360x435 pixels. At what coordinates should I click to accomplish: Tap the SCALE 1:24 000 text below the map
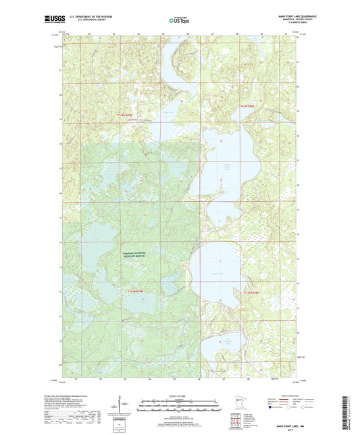[179, 396]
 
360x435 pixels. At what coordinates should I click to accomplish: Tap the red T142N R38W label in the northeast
[248, 106]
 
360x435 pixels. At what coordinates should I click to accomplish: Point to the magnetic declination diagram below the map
[125, 407]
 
